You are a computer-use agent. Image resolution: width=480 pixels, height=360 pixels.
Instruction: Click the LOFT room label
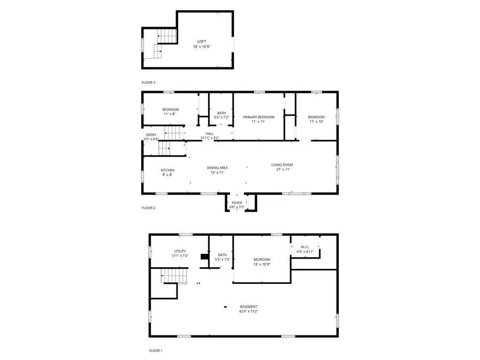pos(202,41)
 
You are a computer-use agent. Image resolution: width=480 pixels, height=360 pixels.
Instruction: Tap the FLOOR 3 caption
pos(148,83)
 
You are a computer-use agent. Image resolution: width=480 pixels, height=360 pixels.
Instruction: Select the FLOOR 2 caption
pos(148,208)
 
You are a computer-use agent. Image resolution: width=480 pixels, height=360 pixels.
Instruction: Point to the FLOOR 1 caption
pos(155,350)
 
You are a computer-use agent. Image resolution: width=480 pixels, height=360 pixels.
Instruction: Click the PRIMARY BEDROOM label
pos(259,117)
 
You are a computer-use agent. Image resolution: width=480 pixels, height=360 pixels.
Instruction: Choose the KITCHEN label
pos(167,170)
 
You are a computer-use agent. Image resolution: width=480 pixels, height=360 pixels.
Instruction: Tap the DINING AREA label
pos(218,167)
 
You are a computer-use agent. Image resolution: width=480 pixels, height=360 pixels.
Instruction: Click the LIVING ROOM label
pos(282,165)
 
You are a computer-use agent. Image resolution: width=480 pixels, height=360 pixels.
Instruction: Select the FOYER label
pos(237,203)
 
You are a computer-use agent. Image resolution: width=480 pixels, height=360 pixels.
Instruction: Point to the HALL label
pos(209,134)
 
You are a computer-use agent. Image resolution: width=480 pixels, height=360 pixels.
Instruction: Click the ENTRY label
pos(151,135)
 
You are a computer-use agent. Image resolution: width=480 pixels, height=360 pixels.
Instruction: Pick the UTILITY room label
pos(179,251)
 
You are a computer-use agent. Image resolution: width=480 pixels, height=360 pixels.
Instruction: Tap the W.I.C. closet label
pos(305,246)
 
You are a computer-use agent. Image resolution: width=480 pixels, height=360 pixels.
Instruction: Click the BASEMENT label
pos(249,306)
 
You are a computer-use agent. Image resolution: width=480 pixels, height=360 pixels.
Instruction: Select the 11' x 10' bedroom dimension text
pos(316,122)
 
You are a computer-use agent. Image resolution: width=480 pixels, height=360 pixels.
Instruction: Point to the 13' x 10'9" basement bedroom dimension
pos(262,264)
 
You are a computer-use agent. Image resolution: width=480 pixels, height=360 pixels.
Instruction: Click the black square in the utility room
pos(204,257)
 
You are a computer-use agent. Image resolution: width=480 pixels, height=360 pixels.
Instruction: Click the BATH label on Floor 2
pos(221,113)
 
